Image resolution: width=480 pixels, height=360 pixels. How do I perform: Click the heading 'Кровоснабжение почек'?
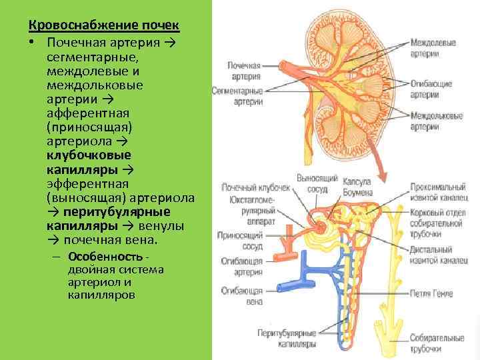[103, 26]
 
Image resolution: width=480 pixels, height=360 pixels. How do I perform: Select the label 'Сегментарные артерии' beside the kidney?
[238, 95]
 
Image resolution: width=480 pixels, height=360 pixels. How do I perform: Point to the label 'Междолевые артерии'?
[433, 48]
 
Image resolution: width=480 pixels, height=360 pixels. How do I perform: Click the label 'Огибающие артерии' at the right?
[431, 89]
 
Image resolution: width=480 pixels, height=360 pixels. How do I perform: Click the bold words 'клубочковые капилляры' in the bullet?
[89, 162]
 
